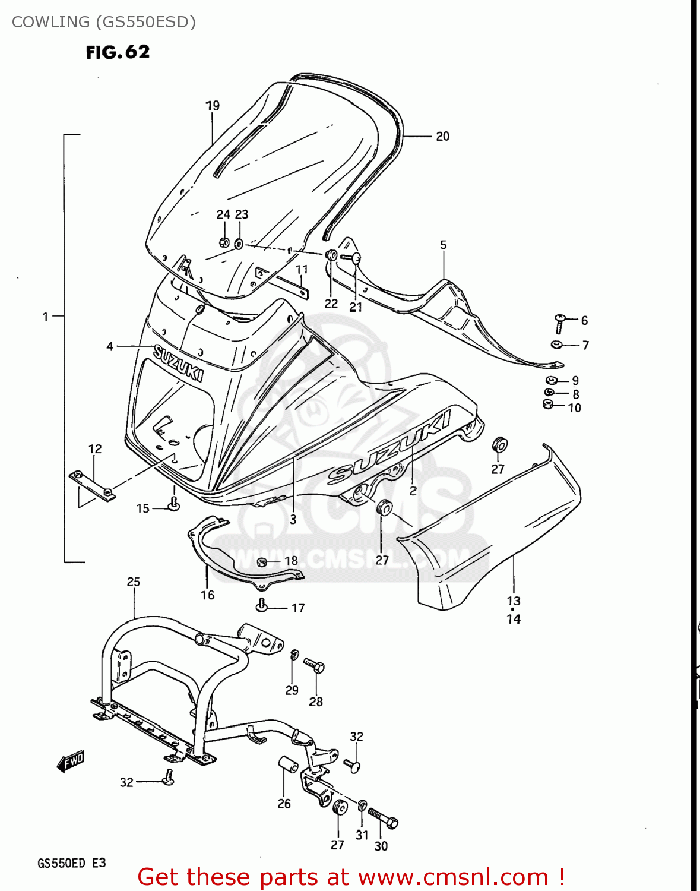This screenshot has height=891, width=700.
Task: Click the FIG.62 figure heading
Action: pos(118,52)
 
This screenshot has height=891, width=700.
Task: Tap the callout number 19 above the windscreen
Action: pos(213,106)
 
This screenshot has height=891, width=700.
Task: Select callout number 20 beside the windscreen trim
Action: pos(443,136)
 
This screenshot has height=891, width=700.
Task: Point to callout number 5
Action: pos(443,245)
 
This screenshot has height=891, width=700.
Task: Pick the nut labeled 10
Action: pos(549,405)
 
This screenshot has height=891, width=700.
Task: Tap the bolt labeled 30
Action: pos(383,819)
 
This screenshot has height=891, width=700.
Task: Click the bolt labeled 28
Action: pos(314,665)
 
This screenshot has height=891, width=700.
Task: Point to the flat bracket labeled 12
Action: pos(93,484)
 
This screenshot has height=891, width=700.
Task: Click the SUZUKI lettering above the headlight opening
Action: pos(179,362)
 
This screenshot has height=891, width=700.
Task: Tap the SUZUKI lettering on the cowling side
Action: pos(389,446)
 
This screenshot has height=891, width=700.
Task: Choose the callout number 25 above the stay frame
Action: pos(134,582)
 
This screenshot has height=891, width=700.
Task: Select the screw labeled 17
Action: pos(262,606)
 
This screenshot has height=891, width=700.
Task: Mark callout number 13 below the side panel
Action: pos(514,601)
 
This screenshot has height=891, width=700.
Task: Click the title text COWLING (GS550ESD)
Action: pos(104,22)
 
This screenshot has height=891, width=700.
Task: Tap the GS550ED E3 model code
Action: pos(72,862)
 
